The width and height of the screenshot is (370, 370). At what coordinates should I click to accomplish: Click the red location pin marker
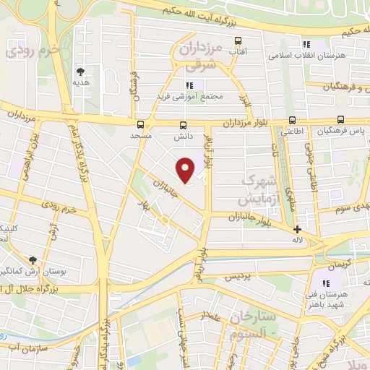[186, 169]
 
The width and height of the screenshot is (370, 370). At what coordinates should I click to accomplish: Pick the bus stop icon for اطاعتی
[292, 120]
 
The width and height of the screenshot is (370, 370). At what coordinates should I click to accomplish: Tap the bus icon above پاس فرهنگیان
[340, 120]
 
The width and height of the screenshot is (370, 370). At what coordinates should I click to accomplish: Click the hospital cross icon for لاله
[296, 229]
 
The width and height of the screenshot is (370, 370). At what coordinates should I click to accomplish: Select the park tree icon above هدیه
[80, 71]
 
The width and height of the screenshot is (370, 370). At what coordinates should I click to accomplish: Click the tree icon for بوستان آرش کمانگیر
[33, 259]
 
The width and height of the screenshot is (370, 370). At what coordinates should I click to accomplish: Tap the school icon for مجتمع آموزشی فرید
[189, 85]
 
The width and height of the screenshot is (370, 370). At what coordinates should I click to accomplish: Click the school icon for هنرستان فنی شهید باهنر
[326, 283]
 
